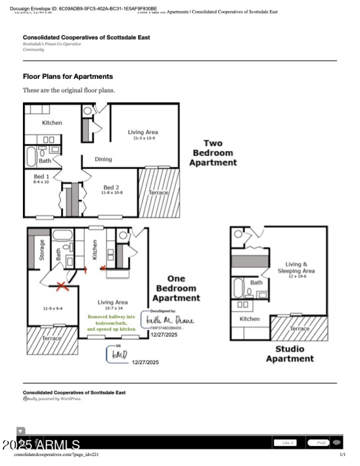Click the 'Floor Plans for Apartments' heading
67,77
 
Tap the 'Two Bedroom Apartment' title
213,153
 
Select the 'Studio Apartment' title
289,354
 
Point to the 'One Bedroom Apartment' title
176,288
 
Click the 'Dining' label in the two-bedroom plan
103,159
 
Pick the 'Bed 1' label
42,176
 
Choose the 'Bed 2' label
111,187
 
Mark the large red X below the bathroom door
62,286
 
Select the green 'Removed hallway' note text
111,323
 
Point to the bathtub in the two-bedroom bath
31,157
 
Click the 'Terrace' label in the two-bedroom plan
158,193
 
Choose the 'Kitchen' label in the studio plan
249,319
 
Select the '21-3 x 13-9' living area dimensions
143,139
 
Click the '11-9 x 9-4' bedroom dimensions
53,309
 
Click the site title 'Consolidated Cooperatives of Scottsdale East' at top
86,37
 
